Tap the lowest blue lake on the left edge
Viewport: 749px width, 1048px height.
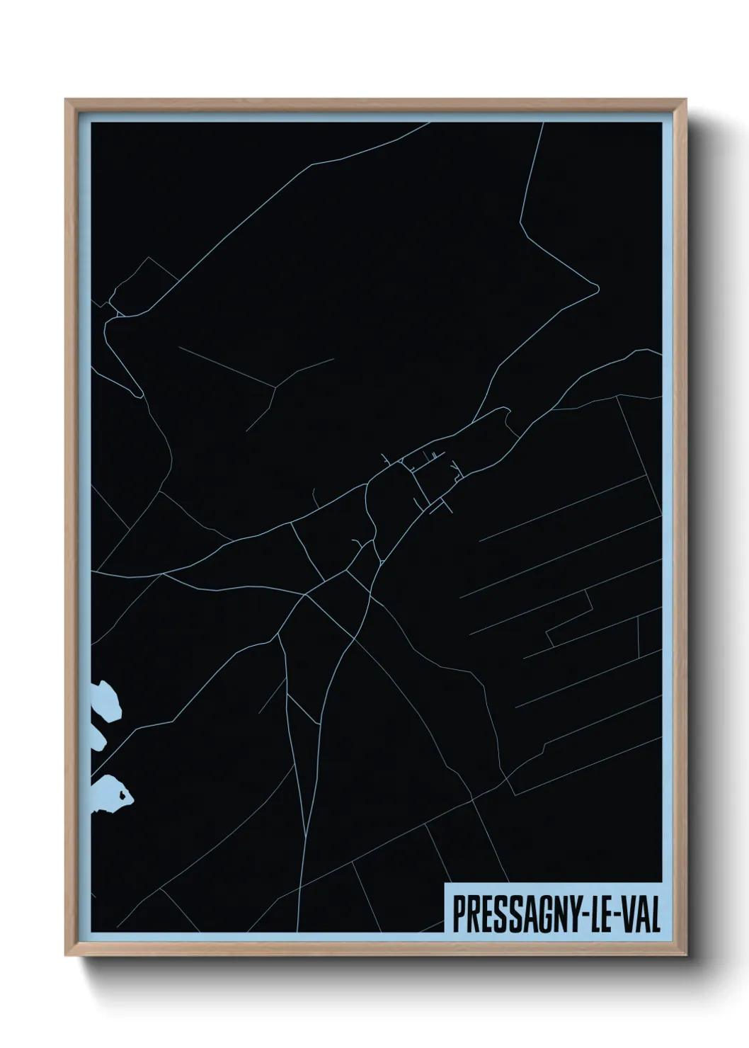[109, 793]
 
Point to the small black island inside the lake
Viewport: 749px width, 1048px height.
[125, 798]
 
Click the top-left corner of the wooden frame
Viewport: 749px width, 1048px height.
[67, 101]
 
